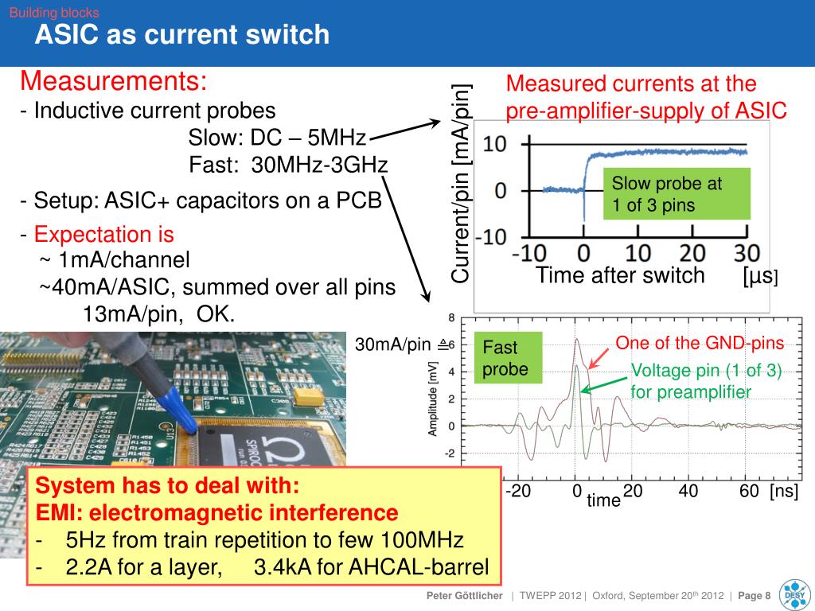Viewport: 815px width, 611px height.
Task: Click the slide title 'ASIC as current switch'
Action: point(181,35)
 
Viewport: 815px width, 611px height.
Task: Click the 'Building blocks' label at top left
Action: point(54,13)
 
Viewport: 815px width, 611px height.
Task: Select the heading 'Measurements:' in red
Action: point(113,82)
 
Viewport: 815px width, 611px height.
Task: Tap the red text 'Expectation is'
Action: point(103,235)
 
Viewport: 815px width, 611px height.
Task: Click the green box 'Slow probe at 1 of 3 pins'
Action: point(677,194)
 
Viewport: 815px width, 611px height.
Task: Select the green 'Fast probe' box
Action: point(508,358)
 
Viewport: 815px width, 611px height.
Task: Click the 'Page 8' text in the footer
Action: point(755,596)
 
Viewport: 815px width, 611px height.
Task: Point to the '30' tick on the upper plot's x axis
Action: point(747,254)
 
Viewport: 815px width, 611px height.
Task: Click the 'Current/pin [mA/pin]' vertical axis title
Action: point(462,182)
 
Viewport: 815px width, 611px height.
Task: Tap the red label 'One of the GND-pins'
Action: point(700,343)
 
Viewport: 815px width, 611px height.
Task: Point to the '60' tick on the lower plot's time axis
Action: point(749,491)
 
